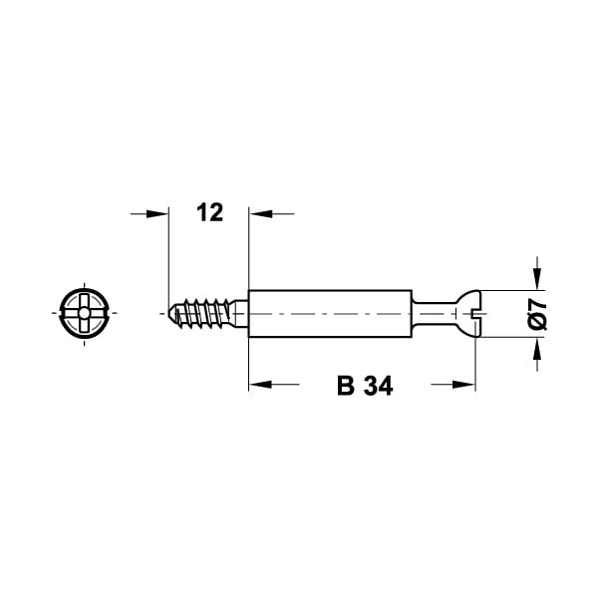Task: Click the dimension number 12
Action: click(x=209, y=212)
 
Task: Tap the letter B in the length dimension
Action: click(x=346, y=386)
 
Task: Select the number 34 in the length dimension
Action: click(x=378, y=386)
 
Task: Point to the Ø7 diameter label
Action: click(x=537, y=314)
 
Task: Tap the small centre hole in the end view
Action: click(x=85, y=314)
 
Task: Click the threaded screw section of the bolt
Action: click(x=202, y=313)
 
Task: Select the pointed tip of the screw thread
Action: click(x=169, y=313)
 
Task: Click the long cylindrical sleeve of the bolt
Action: click(x=330, y=314)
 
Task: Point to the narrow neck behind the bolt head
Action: click(x=435, y=314)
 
